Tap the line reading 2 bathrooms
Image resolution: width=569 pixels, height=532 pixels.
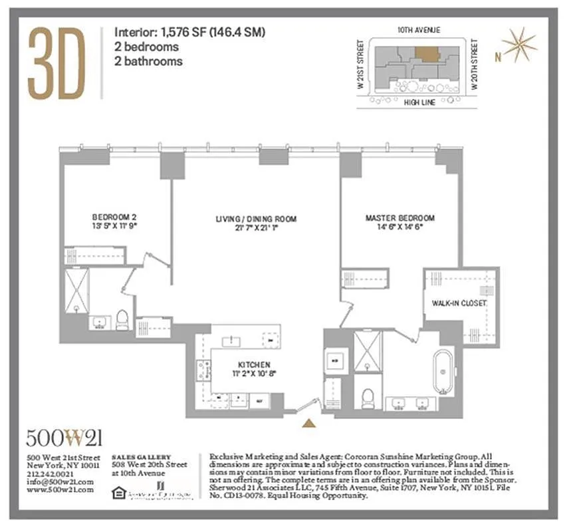click(x=148, y=61)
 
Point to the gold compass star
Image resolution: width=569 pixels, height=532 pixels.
click(x=518, y=45)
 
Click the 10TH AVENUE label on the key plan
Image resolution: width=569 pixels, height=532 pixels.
click(x=419, y=30)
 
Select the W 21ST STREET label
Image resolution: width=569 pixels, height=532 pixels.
click(x=361, y=65)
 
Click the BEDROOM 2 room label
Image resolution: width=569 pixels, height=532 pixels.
click(x=114, y=217)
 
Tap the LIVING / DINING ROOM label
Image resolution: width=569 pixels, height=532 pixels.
click(x=256, y=219)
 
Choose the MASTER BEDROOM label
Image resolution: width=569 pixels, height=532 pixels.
click(x=399, y=217)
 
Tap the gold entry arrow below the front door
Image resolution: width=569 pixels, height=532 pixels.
click(x=308, y=422)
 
